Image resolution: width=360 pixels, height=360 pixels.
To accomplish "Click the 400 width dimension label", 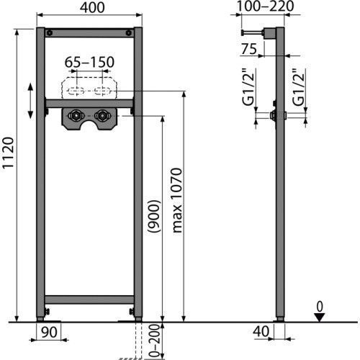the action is (92, 7).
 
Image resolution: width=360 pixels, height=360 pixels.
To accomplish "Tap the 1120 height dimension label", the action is (8, 153).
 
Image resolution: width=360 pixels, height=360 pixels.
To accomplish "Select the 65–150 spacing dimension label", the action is (89, 62).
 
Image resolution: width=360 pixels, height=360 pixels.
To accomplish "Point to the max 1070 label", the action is (177, 200).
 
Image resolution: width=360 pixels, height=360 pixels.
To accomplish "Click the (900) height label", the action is (154, 216).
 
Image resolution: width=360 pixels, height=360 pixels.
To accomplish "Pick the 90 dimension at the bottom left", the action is (49, 332).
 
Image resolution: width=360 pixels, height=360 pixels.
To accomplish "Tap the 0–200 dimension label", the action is (154, 341).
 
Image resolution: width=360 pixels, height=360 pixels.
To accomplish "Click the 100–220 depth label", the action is (265, 6).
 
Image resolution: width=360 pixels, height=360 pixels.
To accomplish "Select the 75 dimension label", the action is (249, 49).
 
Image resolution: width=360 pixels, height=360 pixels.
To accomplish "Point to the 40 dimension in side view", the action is (261, 331).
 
